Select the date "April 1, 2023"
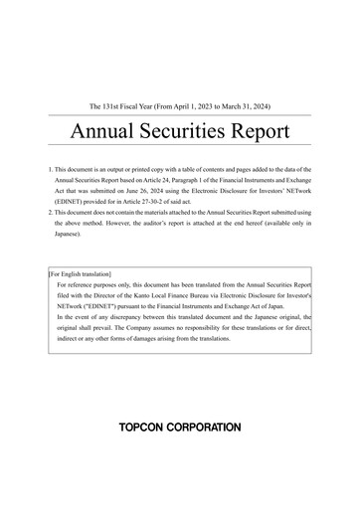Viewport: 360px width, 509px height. pyautogui.click(x=197, y=105)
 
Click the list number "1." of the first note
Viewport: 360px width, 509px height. pyautogui.click(x=50, y=171)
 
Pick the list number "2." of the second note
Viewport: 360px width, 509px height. pyautogui.click(x=50, y=214)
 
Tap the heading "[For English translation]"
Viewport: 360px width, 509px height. pyautogui.click(x=80, y=272)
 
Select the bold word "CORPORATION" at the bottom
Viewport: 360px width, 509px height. pyautogui.click(x=208, y=427)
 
